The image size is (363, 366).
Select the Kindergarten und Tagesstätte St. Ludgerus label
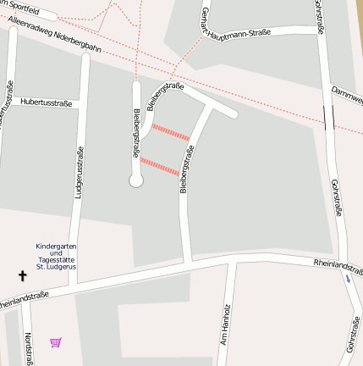click(57, 257)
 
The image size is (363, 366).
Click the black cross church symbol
click(23, 275)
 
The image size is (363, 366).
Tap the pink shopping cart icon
click(56, 342)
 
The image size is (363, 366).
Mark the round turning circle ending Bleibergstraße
click(135, 180)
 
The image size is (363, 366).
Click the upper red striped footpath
click(170, 132)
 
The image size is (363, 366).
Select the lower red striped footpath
click(159, 166)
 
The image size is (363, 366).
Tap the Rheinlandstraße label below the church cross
click(23, 298)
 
